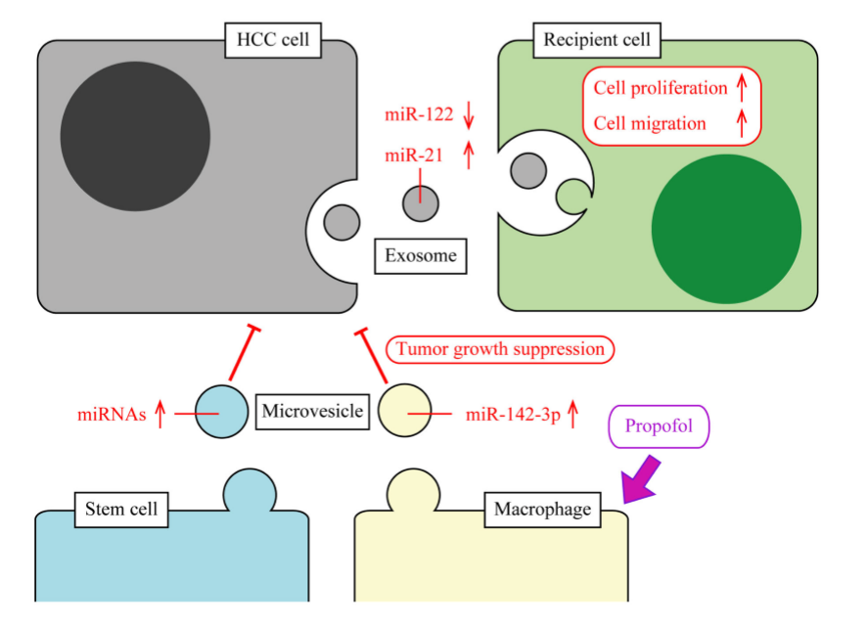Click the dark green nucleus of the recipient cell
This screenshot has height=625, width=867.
(x=726, y=229)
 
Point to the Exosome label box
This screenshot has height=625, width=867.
(x=421, y=256)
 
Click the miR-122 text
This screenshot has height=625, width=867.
(x=419, y=114)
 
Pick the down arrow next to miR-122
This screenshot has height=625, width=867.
(x=469, y=115)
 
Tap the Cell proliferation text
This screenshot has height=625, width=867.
(x=661, y=88)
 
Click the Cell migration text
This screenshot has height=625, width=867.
(x=650, y=123)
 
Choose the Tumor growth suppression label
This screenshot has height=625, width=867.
(x=501, y=349)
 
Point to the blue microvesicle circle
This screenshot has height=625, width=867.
(x=221, y=411)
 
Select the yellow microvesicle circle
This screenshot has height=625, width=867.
(x=404, y=412)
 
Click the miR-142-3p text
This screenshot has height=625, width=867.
(x=513, y=414)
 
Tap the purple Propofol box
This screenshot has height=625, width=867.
(x=659, y=427)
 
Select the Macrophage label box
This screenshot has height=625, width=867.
(x=541, y=509)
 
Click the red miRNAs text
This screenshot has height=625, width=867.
(x=112, y=415)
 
